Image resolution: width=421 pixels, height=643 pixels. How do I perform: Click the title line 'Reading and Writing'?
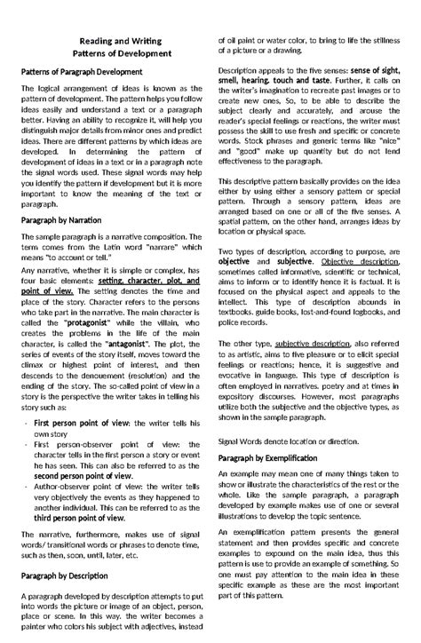(x=113, y=42)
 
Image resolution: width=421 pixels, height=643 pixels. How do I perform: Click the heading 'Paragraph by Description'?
(x=64, y=574)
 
